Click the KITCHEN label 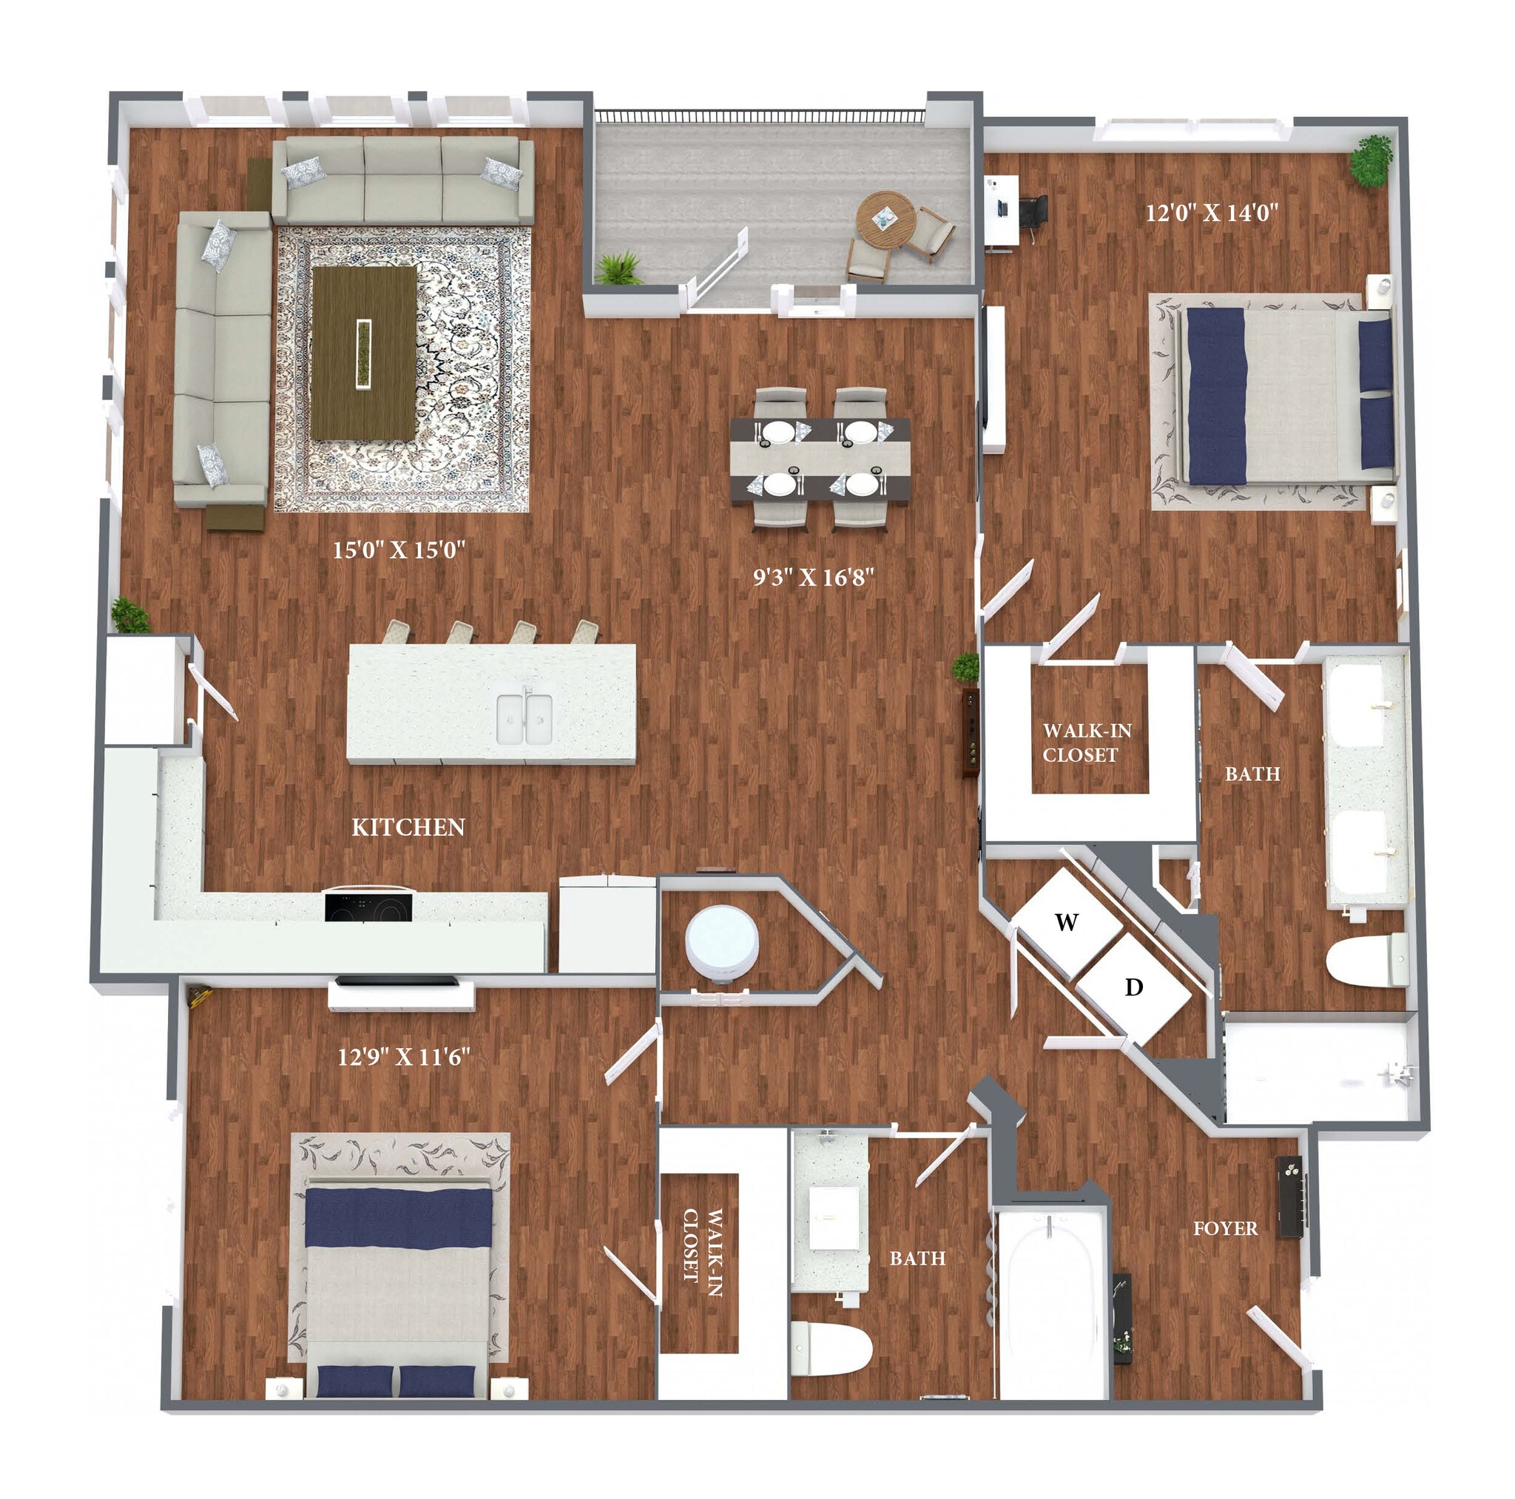click(x=408, y=827)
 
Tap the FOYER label click(x=1225, y=1228)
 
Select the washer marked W click(x=1066, y=923)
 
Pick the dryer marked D click(x=1134, y=987)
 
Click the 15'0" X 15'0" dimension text click(x=399, y=549)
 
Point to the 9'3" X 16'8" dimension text click(x=813, y=578)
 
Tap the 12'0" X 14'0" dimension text click(x=1212, y=212)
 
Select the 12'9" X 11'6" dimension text click(x=404, y=1057)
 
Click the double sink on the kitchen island click(x=525, y=718)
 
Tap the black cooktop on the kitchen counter click(x=368, y=907)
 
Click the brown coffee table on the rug click(x=364, y=353)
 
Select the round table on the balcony click(x=885, y=219)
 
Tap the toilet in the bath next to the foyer click(x=831, y=1347)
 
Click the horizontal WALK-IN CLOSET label click(x=1087, y=742)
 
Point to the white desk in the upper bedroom click(x=1002, y=210)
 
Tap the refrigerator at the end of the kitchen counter click(x=606, y=924)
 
